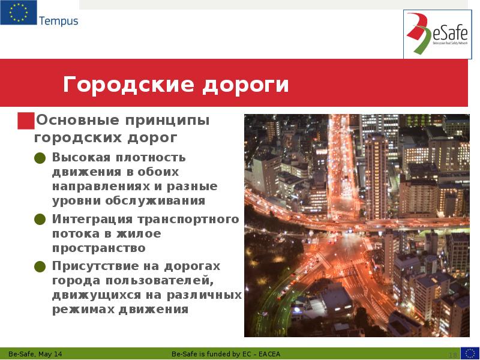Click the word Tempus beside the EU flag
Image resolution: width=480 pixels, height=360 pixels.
(59, 22)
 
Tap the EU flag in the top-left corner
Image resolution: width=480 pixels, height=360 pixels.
(18, 13)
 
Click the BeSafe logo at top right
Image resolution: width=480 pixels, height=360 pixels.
(434, 35)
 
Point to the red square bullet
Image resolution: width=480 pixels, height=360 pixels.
(25, 121)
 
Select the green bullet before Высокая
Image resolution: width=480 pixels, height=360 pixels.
(40, 158)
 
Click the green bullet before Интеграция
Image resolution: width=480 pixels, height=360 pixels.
(40, 220)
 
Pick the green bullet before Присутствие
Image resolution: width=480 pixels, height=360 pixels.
(40, 266)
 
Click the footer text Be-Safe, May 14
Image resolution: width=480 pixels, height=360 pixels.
(35, 353)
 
